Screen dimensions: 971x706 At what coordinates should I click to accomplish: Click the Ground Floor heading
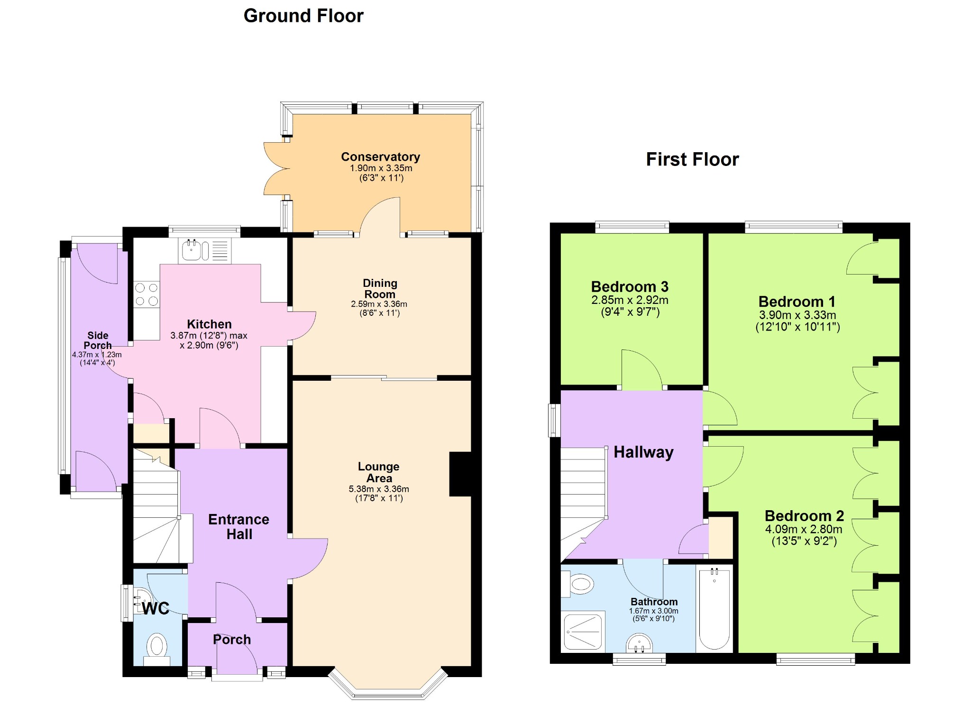tap(303, 16)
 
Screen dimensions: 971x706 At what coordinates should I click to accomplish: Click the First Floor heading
tap(692, 159)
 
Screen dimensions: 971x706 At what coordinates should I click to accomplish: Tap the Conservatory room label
tap(381, 157)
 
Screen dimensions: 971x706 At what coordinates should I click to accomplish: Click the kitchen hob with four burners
tap(147, 294)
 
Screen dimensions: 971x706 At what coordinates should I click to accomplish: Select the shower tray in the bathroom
tap(583, 631)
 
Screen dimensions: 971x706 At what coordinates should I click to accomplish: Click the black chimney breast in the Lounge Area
tap(460, 474)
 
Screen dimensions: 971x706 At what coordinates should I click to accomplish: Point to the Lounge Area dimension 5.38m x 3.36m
tap(379, 489)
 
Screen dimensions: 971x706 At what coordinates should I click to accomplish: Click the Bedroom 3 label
tap(630, 286)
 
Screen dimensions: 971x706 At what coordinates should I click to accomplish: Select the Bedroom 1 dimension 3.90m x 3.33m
tap(797, 315)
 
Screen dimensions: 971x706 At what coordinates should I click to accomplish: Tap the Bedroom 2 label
tap(804, 515)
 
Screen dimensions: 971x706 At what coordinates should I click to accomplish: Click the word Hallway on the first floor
tap(643, 452)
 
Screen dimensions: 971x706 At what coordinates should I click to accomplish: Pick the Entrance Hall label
tap(239, 527)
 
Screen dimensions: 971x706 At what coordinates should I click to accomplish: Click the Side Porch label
tap(98, 340)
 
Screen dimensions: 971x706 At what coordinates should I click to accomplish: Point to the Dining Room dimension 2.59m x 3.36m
tap(379, 304)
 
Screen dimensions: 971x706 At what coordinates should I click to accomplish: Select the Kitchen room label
tap(209, 324)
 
